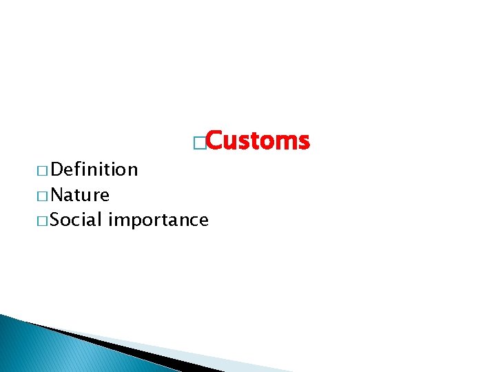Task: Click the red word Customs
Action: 257,141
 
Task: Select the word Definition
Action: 94,169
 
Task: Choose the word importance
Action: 158,220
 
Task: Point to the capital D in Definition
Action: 57,169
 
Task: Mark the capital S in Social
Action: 56,220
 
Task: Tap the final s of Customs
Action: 304,143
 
